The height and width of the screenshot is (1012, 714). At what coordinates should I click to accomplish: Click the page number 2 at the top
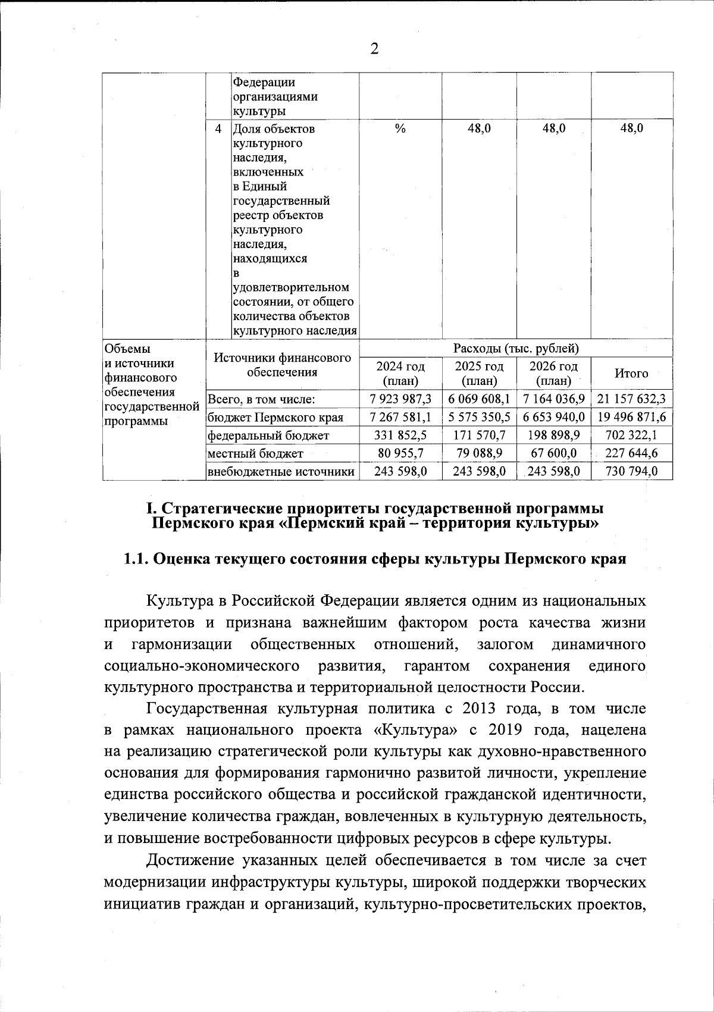(x=374, y=49)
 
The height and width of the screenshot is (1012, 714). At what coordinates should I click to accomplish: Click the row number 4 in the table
(x=218, y=129)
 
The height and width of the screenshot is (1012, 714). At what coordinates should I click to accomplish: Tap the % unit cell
(x=400, y=129)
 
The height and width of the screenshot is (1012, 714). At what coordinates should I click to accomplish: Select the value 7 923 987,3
(x=400, y=399)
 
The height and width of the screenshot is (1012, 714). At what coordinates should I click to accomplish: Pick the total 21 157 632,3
(x=631, y=399)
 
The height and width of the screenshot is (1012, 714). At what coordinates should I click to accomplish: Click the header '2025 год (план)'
(x=479, y=373)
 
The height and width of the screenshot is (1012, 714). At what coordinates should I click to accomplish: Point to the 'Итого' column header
(x=631, y=373)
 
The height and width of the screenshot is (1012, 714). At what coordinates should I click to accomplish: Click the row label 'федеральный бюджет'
(x=268, y=435)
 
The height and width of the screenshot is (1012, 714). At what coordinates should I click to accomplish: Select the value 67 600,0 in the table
(x=553, y=453)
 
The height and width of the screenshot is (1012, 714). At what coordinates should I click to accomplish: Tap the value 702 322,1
(x=631, y=435)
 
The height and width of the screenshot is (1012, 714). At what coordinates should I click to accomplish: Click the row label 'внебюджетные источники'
(x=281, y=472)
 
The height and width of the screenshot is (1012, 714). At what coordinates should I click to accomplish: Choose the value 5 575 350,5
(x=479, y=417)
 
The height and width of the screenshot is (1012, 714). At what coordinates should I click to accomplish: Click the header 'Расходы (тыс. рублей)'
(x=516, y=348)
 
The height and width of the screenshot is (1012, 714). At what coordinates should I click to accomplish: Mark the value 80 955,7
(x=400, y=453)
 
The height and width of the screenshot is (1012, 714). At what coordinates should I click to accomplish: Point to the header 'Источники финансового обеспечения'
(x=282, y=365)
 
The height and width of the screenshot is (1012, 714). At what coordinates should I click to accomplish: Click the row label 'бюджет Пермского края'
(x=275, y=417)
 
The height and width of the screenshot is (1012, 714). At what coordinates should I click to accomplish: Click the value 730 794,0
(x=631, y=472)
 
